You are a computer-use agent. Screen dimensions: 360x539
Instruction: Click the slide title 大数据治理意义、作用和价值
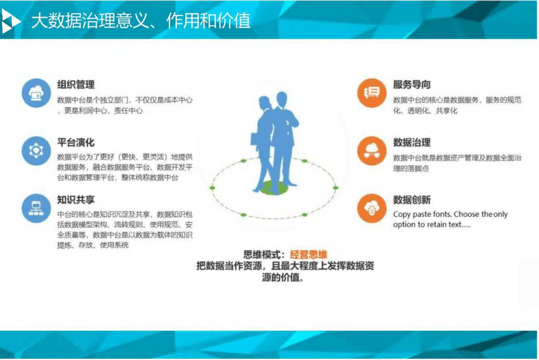140,21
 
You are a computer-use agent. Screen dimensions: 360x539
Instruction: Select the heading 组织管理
76,85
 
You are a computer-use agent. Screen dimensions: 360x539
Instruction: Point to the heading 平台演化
76,143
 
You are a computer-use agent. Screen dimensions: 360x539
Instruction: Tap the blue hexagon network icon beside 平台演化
35,150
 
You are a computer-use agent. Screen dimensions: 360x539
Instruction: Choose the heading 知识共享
76,200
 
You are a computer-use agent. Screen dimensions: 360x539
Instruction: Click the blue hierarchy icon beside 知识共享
35,208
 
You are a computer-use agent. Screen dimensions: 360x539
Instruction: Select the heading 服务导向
412,85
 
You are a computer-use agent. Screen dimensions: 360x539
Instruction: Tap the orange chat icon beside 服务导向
371,93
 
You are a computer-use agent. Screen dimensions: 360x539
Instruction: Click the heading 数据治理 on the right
412,143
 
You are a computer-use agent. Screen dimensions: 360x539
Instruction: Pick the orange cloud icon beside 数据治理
371,150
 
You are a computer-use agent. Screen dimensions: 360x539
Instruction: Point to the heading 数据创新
412,200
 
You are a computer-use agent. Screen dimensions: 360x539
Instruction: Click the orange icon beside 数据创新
371,208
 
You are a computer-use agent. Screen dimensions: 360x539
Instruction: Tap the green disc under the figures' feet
274,187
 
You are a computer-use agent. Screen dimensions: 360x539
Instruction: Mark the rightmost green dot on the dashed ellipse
336,187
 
